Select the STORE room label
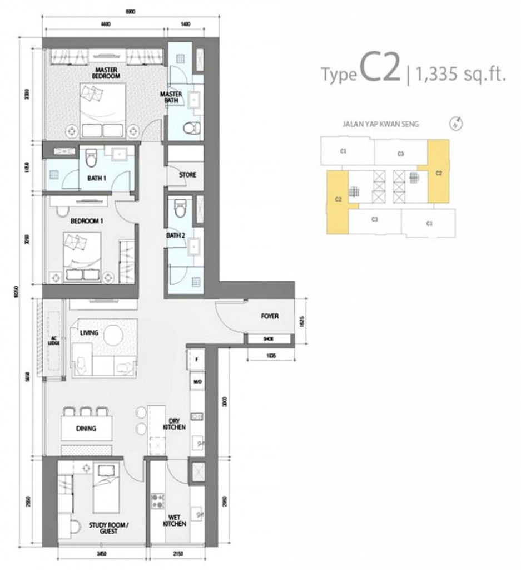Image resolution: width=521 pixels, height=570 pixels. tap(187, 175)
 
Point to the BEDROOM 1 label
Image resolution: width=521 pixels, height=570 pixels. tap(87, 221)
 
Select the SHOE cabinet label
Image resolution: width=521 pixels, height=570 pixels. tap(268, 338)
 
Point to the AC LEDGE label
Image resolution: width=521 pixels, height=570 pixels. tap(54, 341)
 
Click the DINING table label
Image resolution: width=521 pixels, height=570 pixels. tap(87, 429)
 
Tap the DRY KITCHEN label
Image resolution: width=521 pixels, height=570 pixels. tap(174, 424)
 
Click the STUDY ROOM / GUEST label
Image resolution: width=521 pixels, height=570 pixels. tap(108, 528)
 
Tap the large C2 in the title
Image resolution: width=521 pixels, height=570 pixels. tap(380, 70)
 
